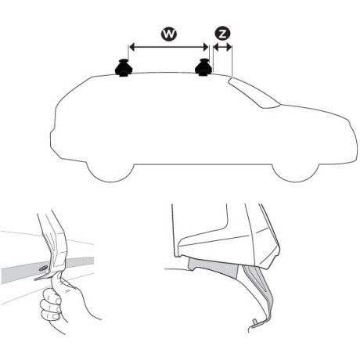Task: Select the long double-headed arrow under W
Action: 167,47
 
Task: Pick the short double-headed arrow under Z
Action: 222,47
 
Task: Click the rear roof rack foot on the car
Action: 124,70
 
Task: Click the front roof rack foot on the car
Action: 204,70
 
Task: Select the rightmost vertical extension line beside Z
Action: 232,59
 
